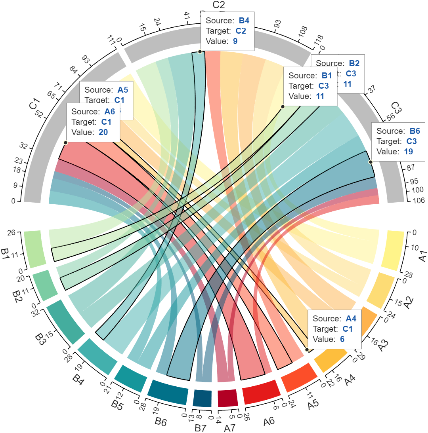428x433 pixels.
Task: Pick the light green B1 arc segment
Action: pos(33,249)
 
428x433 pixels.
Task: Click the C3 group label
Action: pos(396,108)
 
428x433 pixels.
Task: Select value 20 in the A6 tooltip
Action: pos(103,132)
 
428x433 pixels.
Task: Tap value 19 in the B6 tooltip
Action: pos(409,152)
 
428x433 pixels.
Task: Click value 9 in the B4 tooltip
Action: pos(235,41)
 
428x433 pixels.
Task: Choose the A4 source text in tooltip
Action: pos(351,319)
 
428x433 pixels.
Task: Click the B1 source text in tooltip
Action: pos(327,76)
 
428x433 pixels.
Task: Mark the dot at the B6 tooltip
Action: pos(371,162)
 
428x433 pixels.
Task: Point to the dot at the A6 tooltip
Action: pos(66,142)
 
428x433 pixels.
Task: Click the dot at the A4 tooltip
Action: pos(307,349)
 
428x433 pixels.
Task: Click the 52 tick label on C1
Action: pos(39,114)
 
